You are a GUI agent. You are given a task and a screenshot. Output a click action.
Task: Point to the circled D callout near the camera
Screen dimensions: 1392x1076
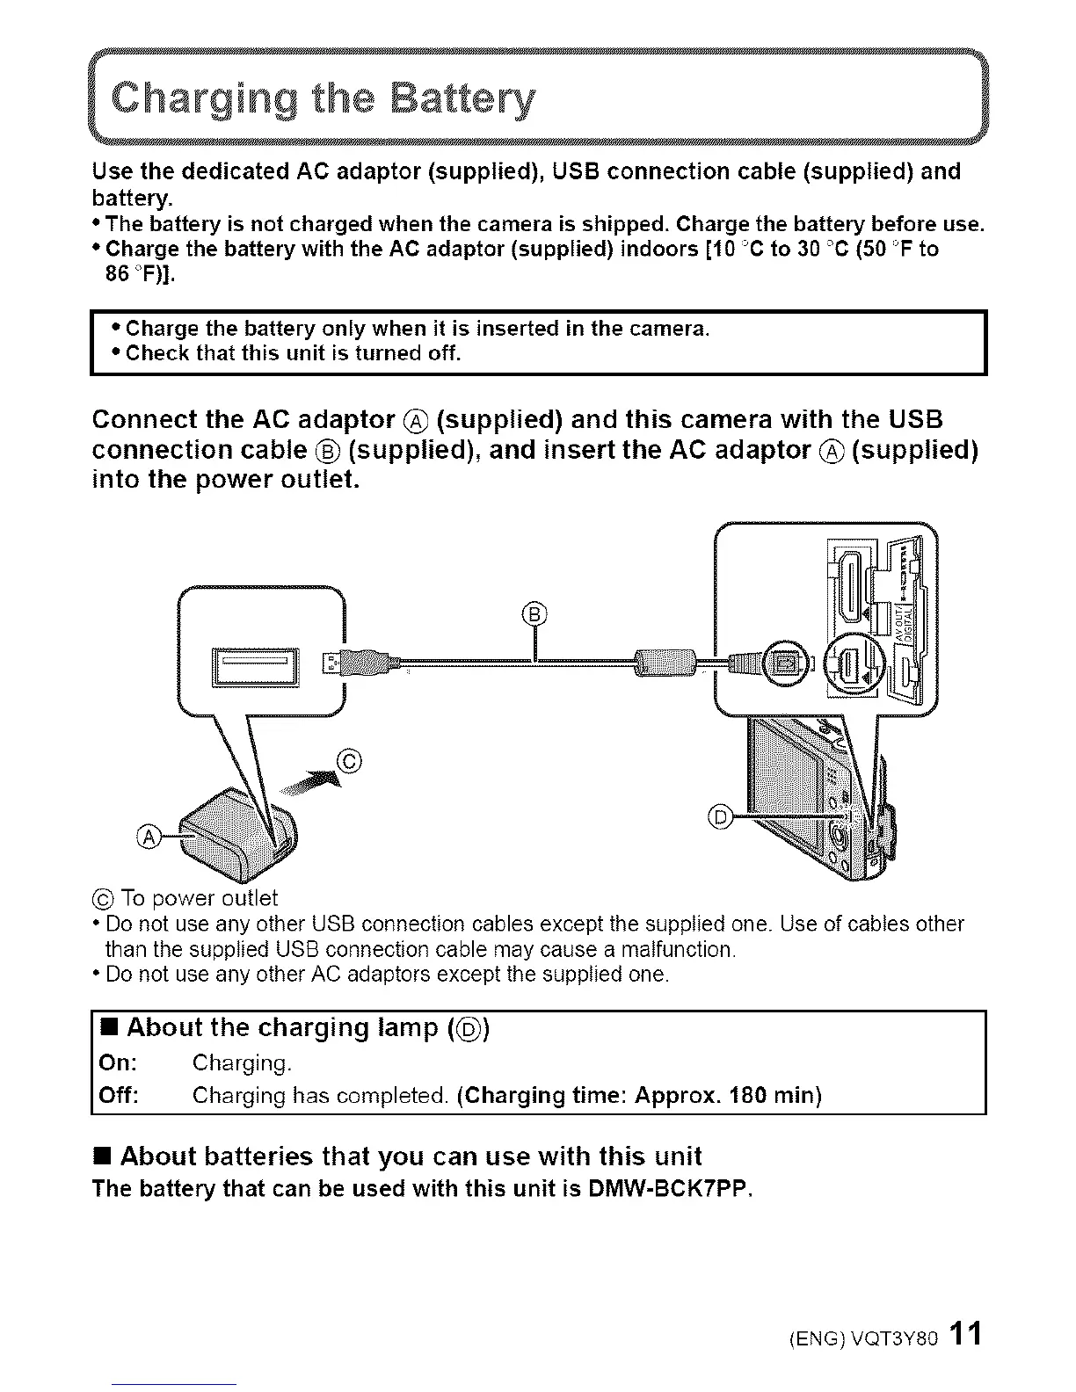point(720,816)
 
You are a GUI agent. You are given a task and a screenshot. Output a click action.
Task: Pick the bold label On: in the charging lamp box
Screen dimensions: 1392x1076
point(118,1063)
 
